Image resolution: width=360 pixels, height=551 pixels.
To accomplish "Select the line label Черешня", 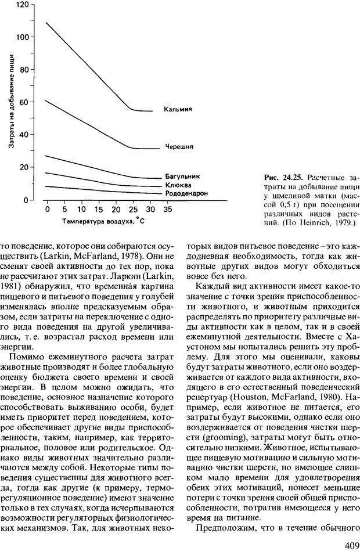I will (179, 147).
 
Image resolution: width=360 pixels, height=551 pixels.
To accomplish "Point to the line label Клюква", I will (177, 183).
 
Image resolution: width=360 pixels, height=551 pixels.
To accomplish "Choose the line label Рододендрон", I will (186, 193).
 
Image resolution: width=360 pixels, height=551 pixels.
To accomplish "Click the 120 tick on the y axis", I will (21, 5).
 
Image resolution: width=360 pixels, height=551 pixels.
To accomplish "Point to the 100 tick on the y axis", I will (21, 37).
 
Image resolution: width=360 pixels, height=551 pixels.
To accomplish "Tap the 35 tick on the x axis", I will (168, 208).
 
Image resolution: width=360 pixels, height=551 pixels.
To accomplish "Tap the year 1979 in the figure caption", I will (343, 222).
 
